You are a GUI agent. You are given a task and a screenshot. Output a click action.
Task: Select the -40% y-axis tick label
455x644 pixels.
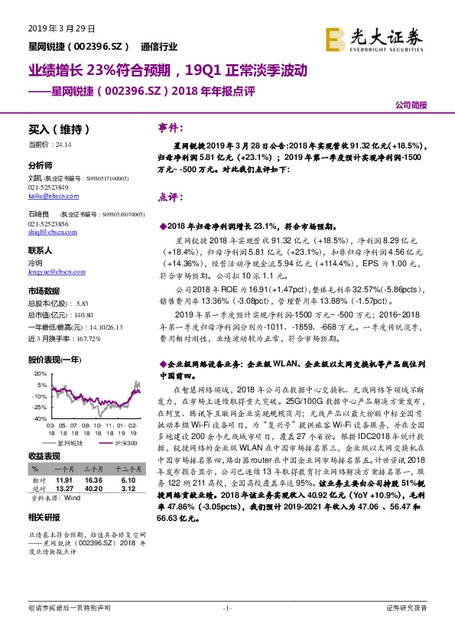37,418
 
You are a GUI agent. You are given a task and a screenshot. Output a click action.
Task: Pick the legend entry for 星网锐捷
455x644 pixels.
66,443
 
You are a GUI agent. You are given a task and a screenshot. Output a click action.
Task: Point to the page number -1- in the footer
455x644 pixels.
227,608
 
